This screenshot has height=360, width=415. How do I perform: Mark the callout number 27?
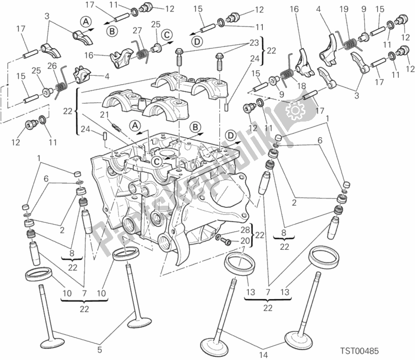(138, 30)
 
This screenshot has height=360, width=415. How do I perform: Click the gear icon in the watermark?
(294, 111)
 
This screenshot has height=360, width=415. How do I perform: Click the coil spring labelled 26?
(61, 82)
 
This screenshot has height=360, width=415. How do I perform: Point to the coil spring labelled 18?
(285, 77)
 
